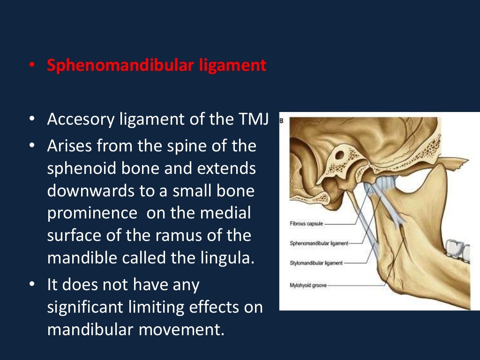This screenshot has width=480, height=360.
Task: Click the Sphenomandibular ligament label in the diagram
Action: [x=319, y=243]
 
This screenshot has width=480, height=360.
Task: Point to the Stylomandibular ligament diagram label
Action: [x=316, y=263]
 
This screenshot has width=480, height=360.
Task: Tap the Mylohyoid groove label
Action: [x=308, y=285]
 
